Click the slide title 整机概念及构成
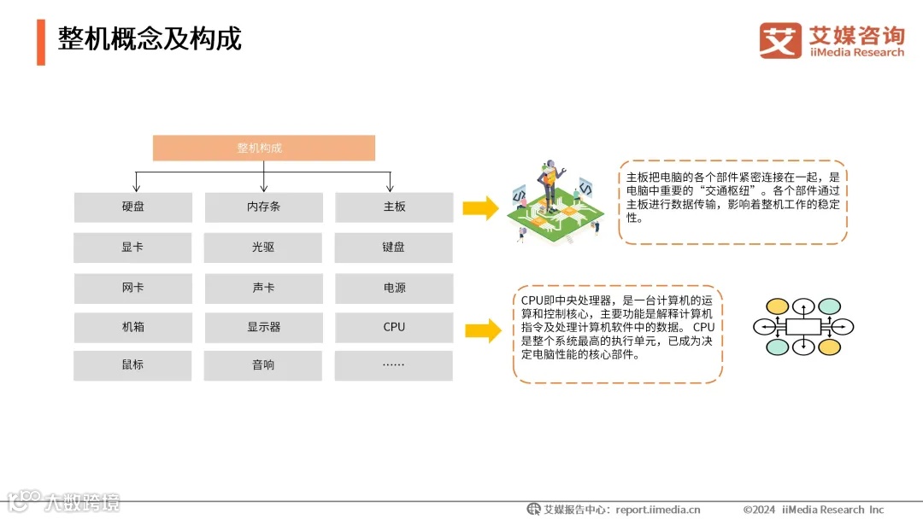tap(150, 38)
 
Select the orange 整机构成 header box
tap(263, 148)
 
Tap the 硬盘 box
tap(132, 207)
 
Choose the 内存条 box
tap(263, 207)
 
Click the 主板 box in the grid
tap(394, 207)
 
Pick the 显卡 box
tap(132, 248)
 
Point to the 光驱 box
tap(263, 248)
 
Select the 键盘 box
tap(394, 248)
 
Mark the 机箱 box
tap(132, 327)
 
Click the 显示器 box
tap(263, 327)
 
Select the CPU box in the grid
tap(394, 327)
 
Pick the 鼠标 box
tap(132, 365)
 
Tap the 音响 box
tap(263, 365)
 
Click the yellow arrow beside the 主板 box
tap(480, 207)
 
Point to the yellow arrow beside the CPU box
tap(483, 330)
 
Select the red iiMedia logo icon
tap(780, 40)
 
